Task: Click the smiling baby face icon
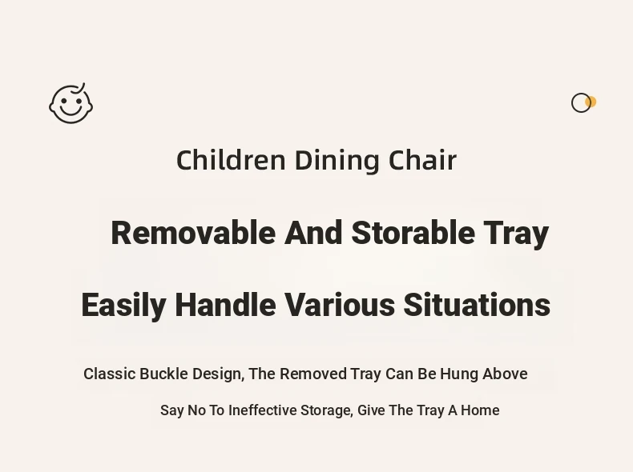click(x=71, y=103)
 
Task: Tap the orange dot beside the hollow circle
click(x=591, y=102)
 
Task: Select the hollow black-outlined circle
click(x=581, y=102)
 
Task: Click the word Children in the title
click(x=231, y=160)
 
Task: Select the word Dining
click(x=337, y=161)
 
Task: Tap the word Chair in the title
click(x=422, y=160)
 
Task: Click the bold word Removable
click(x=193, y=233)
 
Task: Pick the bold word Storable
click(x=413, y=233)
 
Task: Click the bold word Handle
click(x=226, y=305)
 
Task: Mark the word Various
click(x=340, y=305)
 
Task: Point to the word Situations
click(x=477, y=305)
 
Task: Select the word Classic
click(x=110, y=374)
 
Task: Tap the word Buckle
click(x=163, y=374)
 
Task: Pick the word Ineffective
click(x=262, y=410)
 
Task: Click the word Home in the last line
click(x=480, y=410)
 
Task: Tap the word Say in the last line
click(x=172, y=411)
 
